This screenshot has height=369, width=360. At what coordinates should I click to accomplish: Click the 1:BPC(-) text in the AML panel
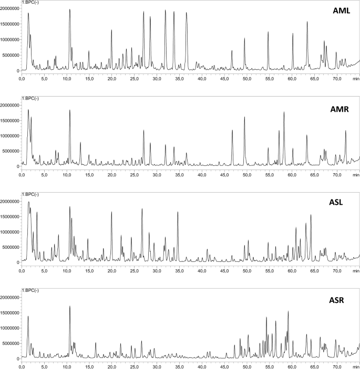coord(30,3)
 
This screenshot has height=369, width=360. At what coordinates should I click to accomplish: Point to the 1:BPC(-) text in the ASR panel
coord(30,290)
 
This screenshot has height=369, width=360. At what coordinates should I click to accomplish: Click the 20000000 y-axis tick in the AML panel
coord(10,9)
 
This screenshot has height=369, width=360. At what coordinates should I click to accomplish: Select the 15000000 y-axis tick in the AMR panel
coord(10,121)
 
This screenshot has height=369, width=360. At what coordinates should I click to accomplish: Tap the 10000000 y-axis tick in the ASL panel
coord(10,232)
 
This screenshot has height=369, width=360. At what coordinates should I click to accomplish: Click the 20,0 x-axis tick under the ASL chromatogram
coord(111,270)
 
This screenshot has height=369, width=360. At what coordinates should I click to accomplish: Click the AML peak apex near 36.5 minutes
coord(186,13)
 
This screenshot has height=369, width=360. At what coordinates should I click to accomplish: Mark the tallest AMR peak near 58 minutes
coord(284,112)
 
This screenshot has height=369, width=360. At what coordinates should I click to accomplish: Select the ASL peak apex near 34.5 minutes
coord(178,212)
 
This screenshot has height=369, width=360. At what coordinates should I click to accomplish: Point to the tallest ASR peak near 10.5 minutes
coord(69,306)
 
